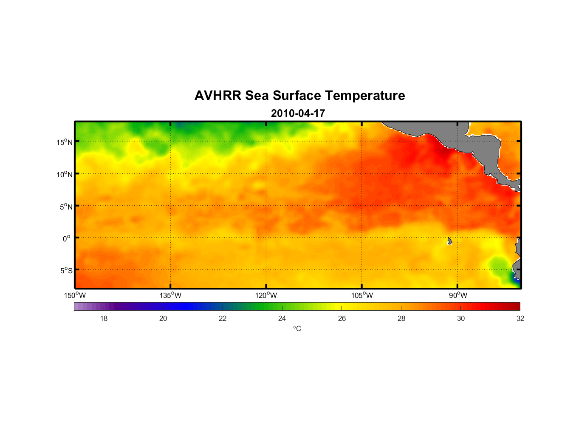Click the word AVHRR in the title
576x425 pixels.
point(217,96)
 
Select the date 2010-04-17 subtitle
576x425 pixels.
point(298,113)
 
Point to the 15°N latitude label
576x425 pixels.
point(65,142)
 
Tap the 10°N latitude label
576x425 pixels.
point(65,174)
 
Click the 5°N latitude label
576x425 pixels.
point(66,207)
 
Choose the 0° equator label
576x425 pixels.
point(67,238)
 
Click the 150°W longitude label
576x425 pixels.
point(75,295)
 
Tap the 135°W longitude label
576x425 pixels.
point(170,295)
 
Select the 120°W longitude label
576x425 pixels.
point(266,295)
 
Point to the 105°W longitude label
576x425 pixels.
point(362,295)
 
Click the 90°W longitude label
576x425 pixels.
point(458,295)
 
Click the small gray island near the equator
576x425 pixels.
point(449,241)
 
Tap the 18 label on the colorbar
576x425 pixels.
point(104,318)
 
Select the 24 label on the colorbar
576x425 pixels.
point(282,318)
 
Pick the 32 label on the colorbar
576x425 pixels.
point(520,318)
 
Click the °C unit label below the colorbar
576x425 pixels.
point(297,329)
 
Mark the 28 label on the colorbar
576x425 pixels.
point(401,318)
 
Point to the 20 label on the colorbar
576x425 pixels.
point(163,318)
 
